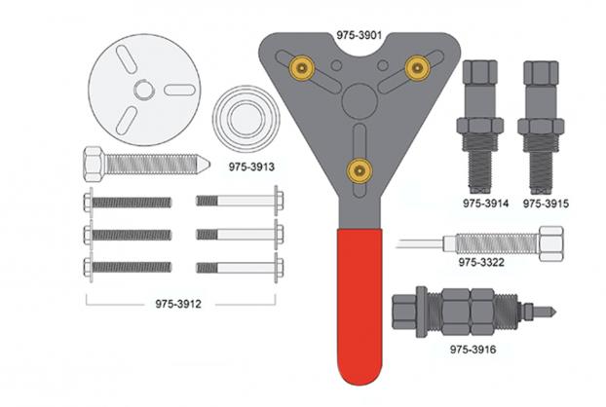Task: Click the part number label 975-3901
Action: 360,35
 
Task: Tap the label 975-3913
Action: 251,166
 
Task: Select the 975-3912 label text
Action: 178,304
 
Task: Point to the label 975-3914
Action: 486,203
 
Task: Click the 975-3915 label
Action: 546,203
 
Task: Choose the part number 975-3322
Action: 481,262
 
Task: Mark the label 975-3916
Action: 473,350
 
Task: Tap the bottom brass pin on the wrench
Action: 360,170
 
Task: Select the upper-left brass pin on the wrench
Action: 302,68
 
